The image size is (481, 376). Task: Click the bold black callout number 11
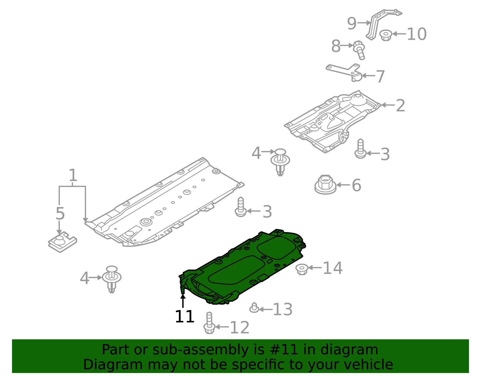pos(185,316)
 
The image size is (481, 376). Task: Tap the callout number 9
pos(352,23)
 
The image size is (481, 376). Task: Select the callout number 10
pos(417,34)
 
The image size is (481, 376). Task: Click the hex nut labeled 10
pos(386,35)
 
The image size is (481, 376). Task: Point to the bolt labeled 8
pos(359,50)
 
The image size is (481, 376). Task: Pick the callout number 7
pos(381,76)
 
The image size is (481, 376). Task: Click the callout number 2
pos(400,106)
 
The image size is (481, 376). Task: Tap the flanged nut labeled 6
pos(325,185)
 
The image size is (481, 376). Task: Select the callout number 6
pos(356,185)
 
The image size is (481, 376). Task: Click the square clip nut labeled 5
pos(62,242)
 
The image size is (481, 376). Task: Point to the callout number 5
pos(60,214)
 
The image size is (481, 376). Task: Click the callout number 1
pos(73,175)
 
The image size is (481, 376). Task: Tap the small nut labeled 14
pos(302,269)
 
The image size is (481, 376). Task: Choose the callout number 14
pos(333,268)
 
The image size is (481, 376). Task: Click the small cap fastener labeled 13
pos(254,308)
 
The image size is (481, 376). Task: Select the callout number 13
pos(283,309)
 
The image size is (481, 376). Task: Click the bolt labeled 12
pos(209,323)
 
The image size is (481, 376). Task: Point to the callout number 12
pos(240,327)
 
